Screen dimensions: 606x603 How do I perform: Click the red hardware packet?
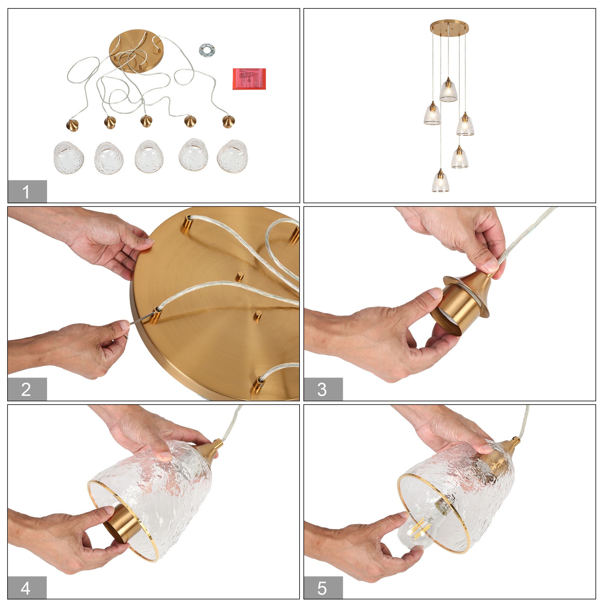pos(249,79)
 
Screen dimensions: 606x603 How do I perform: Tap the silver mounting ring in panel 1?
pos(207,50)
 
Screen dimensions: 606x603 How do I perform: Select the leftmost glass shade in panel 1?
pos(69,158)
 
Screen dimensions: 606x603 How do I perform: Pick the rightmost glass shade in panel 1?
pos(232,156)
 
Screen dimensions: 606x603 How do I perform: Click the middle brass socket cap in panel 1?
pos(146,121)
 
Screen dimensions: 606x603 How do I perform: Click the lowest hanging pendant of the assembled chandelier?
pos(441,181)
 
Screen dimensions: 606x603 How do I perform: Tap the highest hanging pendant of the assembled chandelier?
pos(448,90)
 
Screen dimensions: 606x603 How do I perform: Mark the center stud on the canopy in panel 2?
pos(240,275)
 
